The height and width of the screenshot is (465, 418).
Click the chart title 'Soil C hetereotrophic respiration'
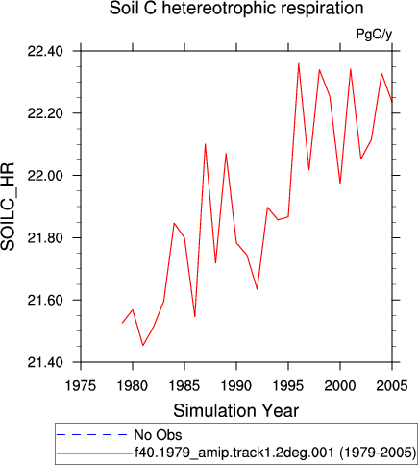pos(236,9)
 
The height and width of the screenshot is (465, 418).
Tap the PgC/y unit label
pos(374,34)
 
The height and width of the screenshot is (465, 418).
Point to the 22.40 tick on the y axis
pos(45,51)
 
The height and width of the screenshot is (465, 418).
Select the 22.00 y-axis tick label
pos(45,176)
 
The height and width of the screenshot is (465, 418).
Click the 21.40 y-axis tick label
pos(45,363)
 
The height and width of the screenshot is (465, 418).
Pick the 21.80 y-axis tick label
pos(45,238)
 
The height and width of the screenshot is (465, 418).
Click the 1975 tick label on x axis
pos(81,385)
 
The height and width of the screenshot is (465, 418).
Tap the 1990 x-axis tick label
pos(236,385)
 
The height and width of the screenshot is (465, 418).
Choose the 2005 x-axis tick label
pos(392,385)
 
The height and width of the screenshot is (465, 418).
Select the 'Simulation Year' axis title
pos(236,410)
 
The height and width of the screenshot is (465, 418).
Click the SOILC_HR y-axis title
pos(8,207)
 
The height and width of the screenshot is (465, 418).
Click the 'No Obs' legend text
pos(158,435)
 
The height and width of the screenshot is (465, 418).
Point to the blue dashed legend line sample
pos(92,435)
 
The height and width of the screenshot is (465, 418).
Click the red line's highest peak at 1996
pos(299,63)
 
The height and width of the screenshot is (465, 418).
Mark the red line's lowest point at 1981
pos(143,345)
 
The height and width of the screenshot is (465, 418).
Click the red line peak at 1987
pos(205,144)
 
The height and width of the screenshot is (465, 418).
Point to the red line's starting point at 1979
pos(122,323)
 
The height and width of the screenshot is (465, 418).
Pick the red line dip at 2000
pos(340,184)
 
